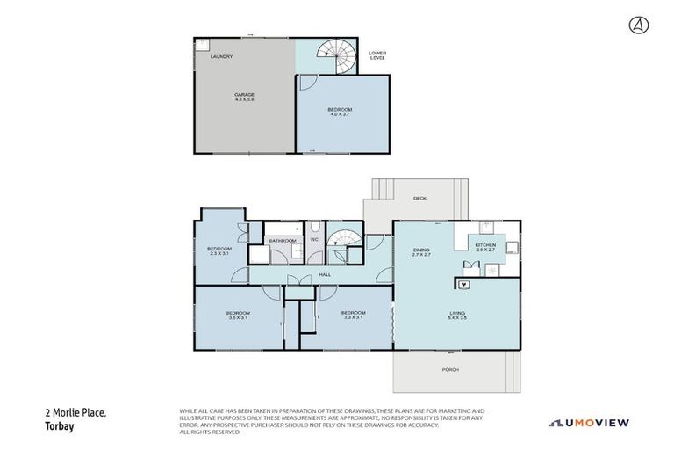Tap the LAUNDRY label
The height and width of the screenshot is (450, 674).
(221, 57)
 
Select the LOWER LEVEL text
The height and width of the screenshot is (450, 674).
(377, 55)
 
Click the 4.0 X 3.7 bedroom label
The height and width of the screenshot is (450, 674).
(341, 112)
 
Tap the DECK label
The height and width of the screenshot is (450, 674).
(419, 199)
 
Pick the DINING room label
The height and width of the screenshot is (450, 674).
(421, 252)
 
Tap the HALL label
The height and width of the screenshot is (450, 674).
(325, 275)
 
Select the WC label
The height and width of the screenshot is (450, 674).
(313, 239)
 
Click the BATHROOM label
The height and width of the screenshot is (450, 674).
(282, 240)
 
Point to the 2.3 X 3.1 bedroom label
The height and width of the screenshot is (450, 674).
(219, 251)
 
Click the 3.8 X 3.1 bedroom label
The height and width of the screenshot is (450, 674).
(238, 316)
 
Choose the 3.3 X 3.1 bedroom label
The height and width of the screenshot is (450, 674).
(353, 315)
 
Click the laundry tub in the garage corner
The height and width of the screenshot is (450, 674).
(202, 43)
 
